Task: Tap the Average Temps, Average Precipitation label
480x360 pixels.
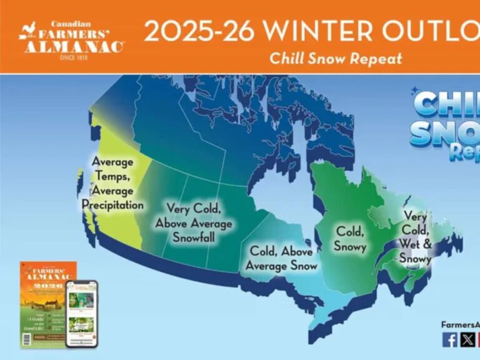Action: click(x=112, y=183)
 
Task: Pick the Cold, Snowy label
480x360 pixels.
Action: click(x=350, y=239)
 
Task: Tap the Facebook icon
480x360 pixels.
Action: click(x=449, y=339)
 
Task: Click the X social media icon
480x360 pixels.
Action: click(x=467, y=339)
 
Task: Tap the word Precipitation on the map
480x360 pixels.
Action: click(x=112, y=204)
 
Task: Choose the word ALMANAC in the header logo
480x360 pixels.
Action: click(x=74, y=47)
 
